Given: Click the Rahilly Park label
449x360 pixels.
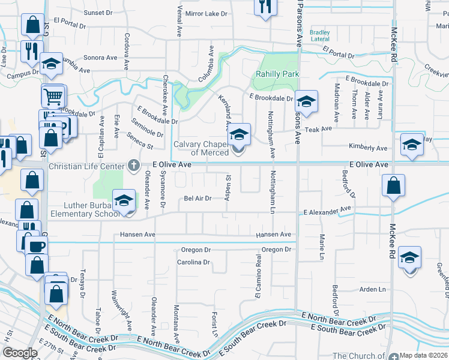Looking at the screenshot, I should point(277,74).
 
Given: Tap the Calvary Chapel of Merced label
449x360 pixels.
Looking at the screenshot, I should point(202,148).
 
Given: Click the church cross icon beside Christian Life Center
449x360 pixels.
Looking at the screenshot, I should point(134,164).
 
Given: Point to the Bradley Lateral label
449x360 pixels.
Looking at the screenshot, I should point(320,36).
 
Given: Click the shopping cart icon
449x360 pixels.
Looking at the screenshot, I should point(53,95).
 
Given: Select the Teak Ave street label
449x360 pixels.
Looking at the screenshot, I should point(318,129).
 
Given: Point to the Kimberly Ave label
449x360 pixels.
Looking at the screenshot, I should point(369,148).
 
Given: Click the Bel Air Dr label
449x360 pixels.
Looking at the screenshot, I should point(197,198).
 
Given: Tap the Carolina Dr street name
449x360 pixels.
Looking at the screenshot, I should point(193,262).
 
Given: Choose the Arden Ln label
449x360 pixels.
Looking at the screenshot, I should point(372,289).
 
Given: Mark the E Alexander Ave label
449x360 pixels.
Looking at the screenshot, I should point(327,211).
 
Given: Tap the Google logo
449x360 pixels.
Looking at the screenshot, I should point(20,353).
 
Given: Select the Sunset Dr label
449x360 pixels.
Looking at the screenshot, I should point(98,13).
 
